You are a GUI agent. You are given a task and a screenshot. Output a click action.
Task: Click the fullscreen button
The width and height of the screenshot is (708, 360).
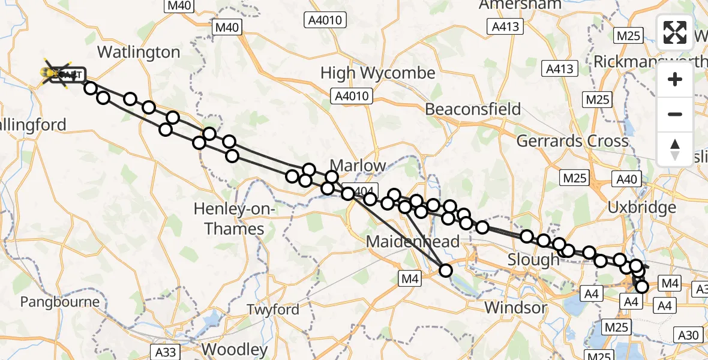[675, 32]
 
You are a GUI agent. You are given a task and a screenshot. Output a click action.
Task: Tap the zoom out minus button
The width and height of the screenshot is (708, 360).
[675, 114]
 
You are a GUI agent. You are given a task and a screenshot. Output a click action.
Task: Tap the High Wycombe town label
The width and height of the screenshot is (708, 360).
[377, 73]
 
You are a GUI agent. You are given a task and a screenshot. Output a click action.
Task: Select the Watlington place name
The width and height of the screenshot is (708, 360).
[139, 52]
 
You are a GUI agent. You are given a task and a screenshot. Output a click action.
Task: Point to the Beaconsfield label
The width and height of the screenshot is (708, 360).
[473, 109]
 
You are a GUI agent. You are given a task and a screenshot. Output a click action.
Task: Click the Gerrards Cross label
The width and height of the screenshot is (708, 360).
[572, 141]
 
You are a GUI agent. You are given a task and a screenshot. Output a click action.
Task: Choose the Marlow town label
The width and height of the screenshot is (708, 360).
[358, 165]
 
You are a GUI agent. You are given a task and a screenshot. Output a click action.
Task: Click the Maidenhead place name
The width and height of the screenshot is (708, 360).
[413, 242]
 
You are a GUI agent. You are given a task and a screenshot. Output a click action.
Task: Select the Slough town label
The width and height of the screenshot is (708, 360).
[533, 260]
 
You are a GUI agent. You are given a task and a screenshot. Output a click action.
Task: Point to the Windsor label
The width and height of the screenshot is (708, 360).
[516, 308]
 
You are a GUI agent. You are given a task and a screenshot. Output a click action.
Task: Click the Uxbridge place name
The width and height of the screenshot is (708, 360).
[641, 208]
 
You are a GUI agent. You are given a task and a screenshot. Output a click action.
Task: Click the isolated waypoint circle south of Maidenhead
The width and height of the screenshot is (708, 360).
[446, 271]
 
